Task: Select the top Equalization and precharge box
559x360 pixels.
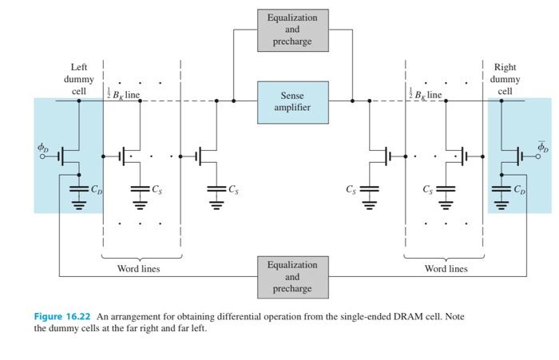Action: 292,29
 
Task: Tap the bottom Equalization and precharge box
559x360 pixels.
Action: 292,276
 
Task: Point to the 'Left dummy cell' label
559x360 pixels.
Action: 79,79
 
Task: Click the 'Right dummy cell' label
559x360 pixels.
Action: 505,79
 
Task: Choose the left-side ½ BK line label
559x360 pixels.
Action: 124,95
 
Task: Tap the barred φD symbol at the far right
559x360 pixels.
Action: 542,147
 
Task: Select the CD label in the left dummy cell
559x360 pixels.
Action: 96,190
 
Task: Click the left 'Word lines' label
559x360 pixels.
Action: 139,269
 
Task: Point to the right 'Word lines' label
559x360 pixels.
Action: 446,269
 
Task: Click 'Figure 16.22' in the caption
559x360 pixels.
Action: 61,317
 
